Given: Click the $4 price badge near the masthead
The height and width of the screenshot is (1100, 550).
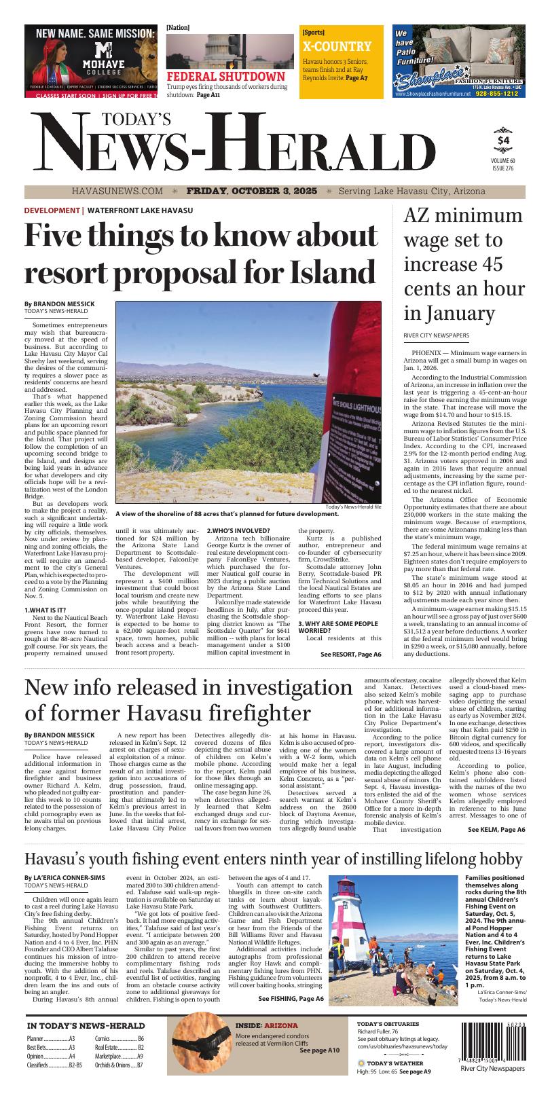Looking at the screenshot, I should pos(502,140).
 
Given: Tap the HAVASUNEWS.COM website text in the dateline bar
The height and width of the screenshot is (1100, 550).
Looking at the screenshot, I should pos(117,191).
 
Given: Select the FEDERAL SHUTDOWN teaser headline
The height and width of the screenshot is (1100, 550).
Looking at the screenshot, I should pos(225,77).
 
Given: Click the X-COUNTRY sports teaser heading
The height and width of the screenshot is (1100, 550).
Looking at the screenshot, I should pos(337,47).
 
